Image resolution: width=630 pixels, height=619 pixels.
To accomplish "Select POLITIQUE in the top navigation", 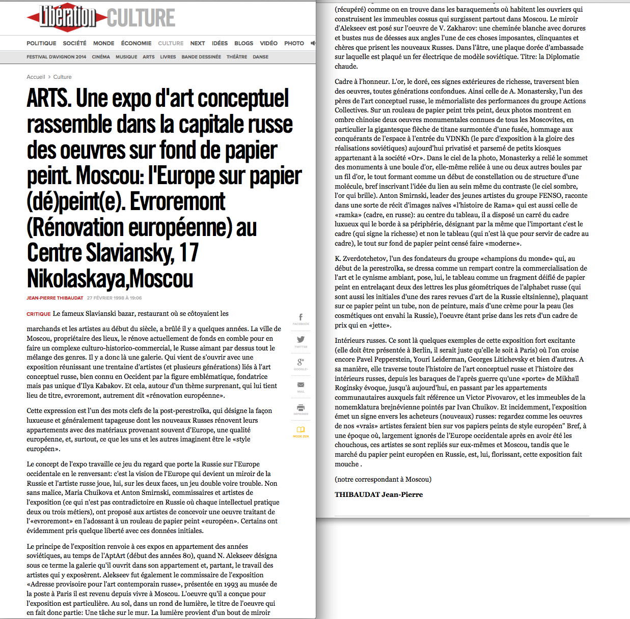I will click(41, 43).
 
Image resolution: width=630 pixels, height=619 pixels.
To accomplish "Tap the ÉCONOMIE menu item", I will click(136, 43).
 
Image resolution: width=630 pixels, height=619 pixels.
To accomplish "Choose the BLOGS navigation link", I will click(243, 43).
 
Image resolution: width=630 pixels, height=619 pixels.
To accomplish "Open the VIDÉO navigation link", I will click(268, 43).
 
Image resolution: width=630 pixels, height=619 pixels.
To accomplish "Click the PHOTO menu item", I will click(294, 43).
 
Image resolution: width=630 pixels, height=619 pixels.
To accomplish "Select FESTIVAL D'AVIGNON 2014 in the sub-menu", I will click(57, 57).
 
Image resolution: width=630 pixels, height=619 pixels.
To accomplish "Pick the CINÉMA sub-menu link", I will click(101, 57).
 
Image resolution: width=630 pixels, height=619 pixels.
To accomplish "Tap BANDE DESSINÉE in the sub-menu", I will click(201, 57).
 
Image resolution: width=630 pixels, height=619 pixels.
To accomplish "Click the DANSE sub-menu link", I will click(260, 57).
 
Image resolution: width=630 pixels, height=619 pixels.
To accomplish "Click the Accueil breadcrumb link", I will click(36, 77).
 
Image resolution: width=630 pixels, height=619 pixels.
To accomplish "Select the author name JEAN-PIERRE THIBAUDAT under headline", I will click(54, 298).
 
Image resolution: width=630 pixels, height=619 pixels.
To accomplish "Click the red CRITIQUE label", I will click(39, 314).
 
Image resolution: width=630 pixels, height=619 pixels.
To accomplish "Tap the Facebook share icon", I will click(300, 317).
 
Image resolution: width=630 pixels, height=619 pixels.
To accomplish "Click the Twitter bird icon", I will click(300, 340).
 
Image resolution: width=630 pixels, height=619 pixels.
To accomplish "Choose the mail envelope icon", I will click(300, 385).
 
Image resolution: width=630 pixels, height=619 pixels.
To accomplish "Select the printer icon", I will click(300, 407).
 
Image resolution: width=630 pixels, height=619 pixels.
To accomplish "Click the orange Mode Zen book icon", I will click(300, 430).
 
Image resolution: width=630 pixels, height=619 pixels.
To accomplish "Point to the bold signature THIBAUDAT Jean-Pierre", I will click(378, 494).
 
